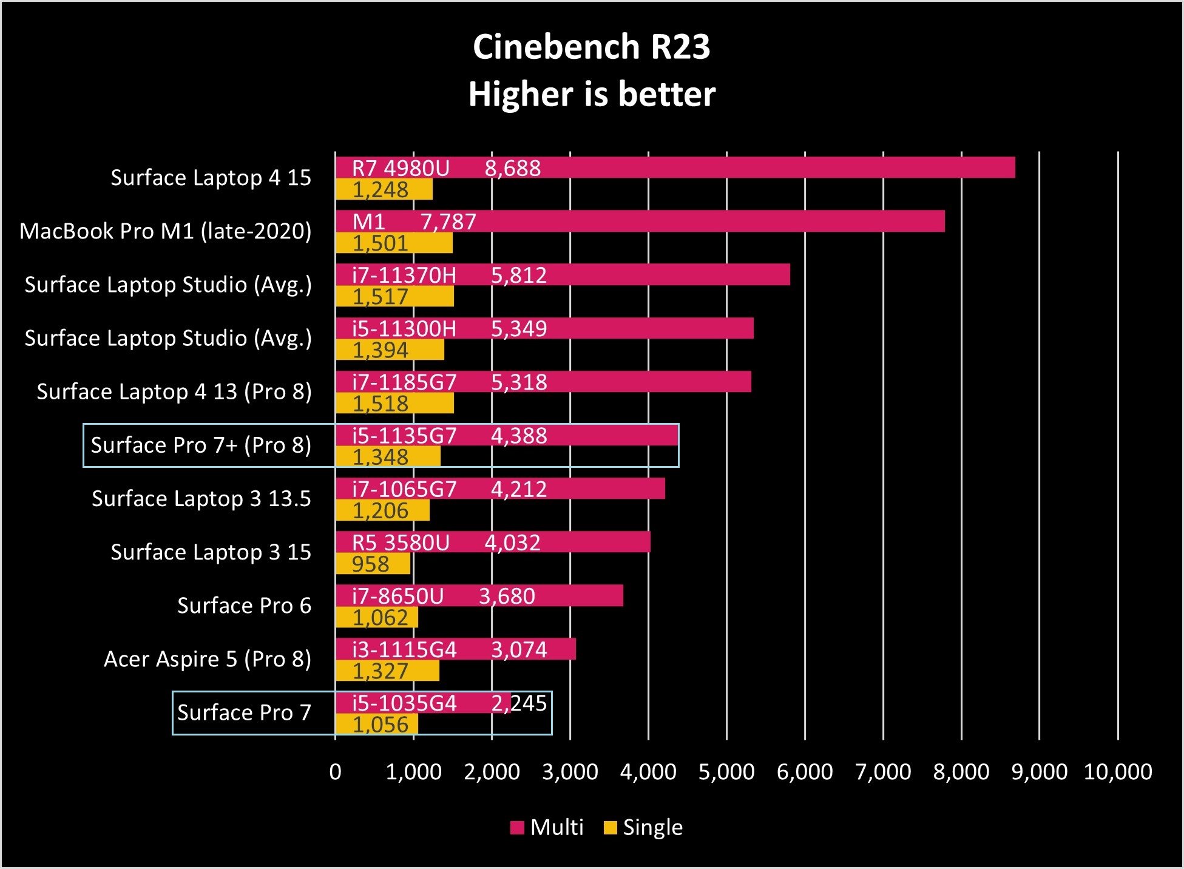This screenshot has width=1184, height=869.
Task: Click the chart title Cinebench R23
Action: [x=591, y=47]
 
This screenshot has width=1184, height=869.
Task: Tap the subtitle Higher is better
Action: [x=591, y=95]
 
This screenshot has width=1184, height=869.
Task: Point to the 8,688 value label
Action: [x=512, y=168]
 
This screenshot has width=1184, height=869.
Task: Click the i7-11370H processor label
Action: [x=404, y=276]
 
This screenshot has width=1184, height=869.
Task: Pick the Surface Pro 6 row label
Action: [x=244, y=606]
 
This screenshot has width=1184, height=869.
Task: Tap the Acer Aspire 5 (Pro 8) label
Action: [x=207, y=659]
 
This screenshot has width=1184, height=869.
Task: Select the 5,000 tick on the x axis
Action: [x=726, y=772]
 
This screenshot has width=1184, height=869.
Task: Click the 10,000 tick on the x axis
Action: [x=1117, y=772]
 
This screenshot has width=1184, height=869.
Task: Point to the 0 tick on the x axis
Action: [x=335, y=772]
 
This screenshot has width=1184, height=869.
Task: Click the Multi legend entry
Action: [x=547, y=827]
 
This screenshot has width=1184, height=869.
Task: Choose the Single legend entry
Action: [x=644, y=827]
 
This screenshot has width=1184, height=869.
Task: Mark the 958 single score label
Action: [x=370, y=564]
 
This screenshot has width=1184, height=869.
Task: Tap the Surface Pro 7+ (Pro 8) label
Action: [x=201, y=445]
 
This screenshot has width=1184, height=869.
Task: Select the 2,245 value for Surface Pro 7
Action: [x=519, y=703]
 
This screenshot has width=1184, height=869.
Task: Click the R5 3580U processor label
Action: [x=401, y=543]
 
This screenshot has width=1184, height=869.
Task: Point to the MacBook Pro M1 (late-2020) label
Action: [x=165, y=231]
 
